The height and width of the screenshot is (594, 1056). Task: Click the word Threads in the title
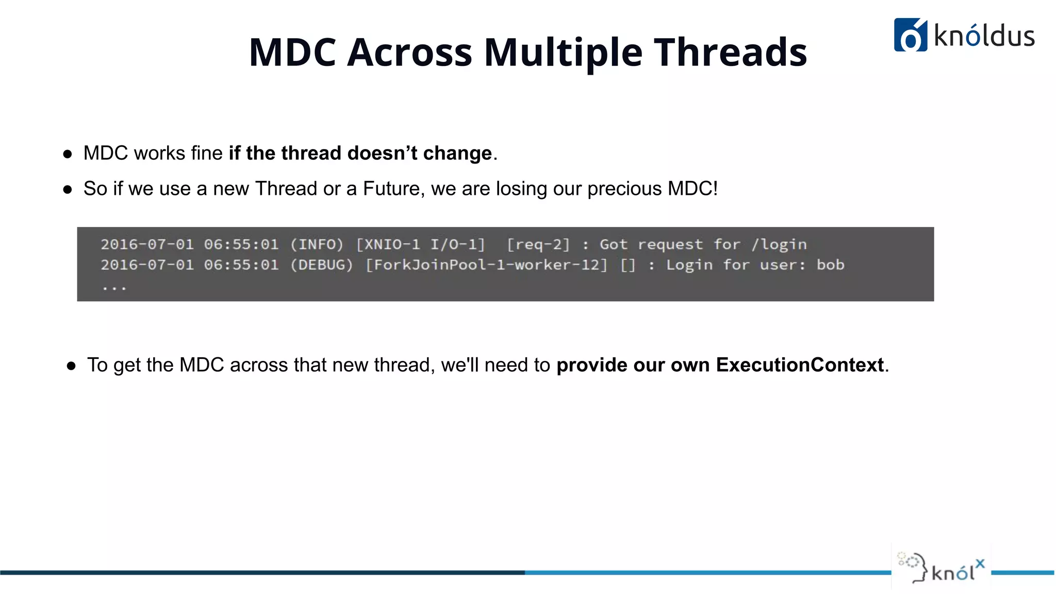click(730, 53)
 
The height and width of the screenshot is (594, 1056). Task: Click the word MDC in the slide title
click(292, 53)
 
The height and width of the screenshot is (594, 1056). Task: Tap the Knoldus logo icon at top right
click(910, 35)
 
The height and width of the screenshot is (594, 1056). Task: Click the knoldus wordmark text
click(984, 36)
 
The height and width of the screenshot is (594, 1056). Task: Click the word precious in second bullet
click(624, 189)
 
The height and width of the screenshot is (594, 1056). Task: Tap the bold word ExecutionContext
click(800, 365)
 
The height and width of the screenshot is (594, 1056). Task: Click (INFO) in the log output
click(317, 244)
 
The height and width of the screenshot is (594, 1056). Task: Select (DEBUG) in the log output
click(322, 265)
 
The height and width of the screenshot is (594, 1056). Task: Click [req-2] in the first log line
click(538, 244)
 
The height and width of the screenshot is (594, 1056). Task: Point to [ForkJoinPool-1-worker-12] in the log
click(486, 265)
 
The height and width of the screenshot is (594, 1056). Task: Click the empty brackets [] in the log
click(628, 265)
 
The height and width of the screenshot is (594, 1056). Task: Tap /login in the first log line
click(779, 244)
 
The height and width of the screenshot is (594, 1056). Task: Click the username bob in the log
click(830, 265)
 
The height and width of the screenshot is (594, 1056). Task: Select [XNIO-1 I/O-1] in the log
click(421, 244)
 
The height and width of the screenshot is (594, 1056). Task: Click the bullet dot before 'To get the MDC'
click(71, 366)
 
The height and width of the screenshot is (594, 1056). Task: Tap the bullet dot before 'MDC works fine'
click(68, 154)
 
